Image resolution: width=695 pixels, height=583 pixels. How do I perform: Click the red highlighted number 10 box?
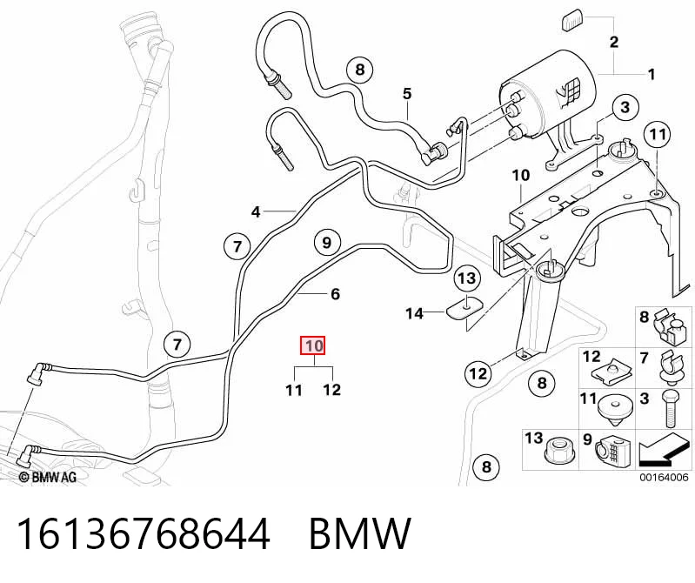pos(313,345)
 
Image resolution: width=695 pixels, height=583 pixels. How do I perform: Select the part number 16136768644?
pos(143,533)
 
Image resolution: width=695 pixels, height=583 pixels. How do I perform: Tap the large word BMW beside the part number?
pos(359,533)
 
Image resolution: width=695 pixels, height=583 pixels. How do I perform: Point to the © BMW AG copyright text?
pos(48,477)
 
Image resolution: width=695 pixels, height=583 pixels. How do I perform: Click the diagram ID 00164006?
pos(664,477)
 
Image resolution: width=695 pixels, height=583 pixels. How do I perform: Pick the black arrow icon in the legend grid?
pos(663,450)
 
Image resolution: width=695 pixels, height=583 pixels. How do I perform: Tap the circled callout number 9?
pos(327,243)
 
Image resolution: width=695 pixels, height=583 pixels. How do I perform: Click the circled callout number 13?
pos(466,278)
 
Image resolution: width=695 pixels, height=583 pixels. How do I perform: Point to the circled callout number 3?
pos(625,107)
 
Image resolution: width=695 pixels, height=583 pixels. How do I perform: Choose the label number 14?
pos(415,314)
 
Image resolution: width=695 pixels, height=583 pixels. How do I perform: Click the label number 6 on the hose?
pos(335,294)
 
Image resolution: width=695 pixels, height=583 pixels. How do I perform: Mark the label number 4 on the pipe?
pos(256,212)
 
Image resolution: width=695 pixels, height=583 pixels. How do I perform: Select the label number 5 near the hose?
pos(407,94)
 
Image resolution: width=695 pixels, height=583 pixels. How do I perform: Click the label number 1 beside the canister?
pos(652,75)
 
